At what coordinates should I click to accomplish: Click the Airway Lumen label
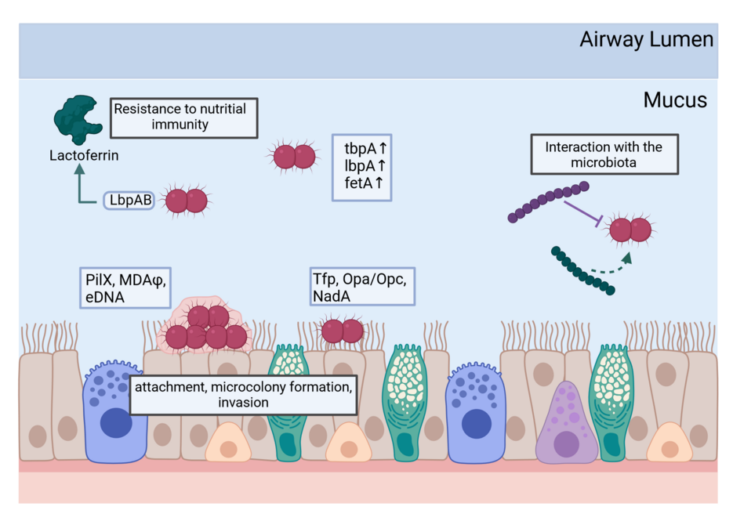(646, 39)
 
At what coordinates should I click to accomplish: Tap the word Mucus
(674, 100)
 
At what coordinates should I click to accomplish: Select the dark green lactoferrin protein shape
(75, 119)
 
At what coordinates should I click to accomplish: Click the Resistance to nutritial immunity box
(184, 118)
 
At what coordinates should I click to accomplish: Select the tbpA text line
(364, 149)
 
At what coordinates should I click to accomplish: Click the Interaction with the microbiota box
(604, 155)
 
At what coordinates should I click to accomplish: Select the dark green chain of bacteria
(582, 271)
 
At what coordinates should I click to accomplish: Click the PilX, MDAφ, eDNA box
(124, 288)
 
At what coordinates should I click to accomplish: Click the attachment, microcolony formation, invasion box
(244, 395)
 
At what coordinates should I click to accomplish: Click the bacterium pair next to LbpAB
(185, 201)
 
